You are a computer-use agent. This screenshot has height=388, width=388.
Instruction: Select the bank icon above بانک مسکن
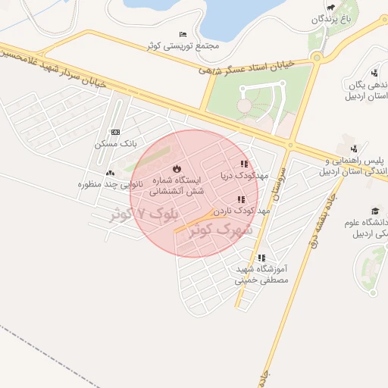point(115,132)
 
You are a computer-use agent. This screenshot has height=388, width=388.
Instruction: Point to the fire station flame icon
point(177,168)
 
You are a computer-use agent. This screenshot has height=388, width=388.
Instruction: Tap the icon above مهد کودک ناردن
point(241,199)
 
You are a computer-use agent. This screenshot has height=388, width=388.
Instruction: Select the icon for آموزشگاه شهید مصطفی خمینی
point(261,258)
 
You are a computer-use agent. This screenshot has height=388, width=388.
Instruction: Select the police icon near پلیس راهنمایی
point(354,149)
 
